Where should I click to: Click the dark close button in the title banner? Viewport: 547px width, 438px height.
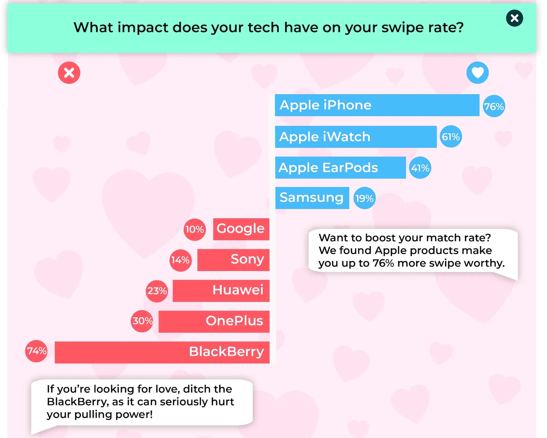point(514,18)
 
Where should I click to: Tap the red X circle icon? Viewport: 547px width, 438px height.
point(69,73)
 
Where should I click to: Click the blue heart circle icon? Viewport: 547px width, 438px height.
point(477,73)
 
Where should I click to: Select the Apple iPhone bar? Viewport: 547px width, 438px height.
point(377,105)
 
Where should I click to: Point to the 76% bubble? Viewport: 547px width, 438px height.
point(493,106)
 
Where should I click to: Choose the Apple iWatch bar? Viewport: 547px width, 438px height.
point(356,137)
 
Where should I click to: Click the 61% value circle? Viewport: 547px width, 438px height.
point(450,136)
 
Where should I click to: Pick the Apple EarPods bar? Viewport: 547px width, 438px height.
point(341,168)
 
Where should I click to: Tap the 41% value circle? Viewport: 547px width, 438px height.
point(420,168)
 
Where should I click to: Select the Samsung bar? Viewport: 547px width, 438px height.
point(312,198)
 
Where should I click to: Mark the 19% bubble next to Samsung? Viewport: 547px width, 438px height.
point(364,198)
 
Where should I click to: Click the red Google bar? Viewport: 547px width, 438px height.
point(241,229)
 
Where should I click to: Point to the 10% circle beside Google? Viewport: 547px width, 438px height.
point(195,230)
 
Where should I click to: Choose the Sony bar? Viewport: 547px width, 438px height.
point(233,260)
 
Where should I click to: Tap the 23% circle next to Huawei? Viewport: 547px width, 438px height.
point(157,291)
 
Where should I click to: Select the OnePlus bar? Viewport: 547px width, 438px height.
point(214,321)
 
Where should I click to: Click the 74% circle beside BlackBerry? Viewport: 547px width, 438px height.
point(36,351)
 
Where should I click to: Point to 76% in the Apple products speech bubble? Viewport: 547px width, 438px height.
point(383,263)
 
